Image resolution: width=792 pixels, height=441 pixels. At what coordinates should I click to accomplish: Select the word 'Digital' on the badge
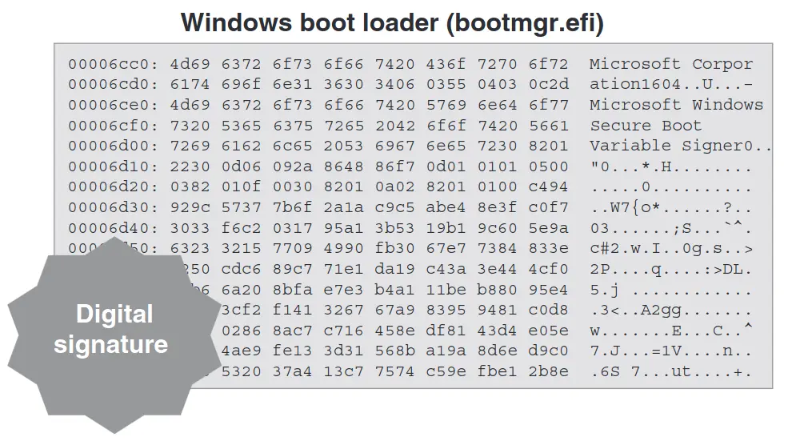tap(114, 314)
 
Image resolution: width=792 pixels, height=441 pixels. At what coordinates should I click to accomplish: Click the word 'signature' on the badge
tap(111, 344)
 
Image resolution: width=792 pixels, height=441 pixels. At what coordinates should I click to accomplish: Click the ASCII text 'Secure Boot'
tap(646, 126)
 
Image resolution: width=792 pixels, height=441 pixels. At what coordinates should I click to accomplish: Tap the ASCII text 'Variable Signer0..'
tap(681, 146)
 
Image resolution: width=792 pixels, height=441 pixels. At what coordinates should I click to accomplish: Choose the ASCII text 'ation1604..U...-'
tap(671, 84)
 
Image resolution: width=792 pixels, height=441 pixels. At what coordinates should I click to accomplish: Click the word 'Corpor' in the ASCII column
tap(722, 64)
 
